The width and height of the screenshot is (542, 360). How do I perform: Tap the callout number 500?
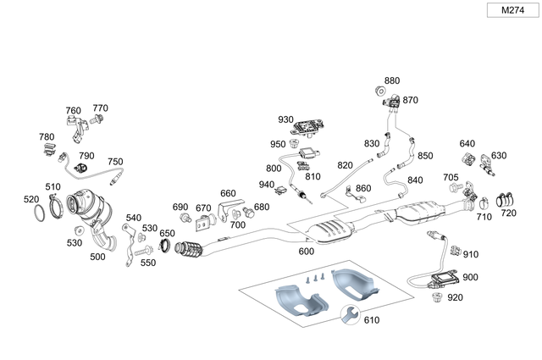click(x=97, y=257)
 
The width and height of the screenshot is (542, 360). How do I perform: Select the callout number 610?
click(x=371, y=319)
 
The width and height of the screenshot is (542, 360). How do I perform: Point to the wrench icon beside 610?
click(x=349, y=316)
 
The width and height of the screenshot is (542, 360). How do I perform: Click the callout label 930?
click(x=285, y=119)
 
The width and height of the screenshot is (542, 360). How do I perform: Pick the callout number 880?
click(x=391, y=82)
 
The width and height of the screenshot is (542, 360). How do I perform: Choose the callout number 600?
click(x=307, y=251)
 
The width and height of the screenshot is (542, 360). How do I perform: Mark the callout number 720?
click(x=508, y=213)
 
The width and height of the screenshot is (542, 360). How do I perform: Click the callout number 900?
click(x=470, y=277)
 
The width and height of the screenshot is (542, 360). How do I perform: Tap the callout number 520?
click(x=31, y=199)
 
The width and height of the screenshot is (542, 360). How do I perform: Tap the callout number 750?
click(x=115, y=162)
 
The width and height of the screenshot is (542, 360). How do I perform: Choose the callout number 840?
click(x=415, y=180)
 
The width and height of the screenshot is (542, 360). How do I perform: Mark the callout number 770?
click(x=100, y=108)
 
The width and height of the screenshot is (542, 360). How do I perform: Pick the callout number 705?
click(x=451, y=177)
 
